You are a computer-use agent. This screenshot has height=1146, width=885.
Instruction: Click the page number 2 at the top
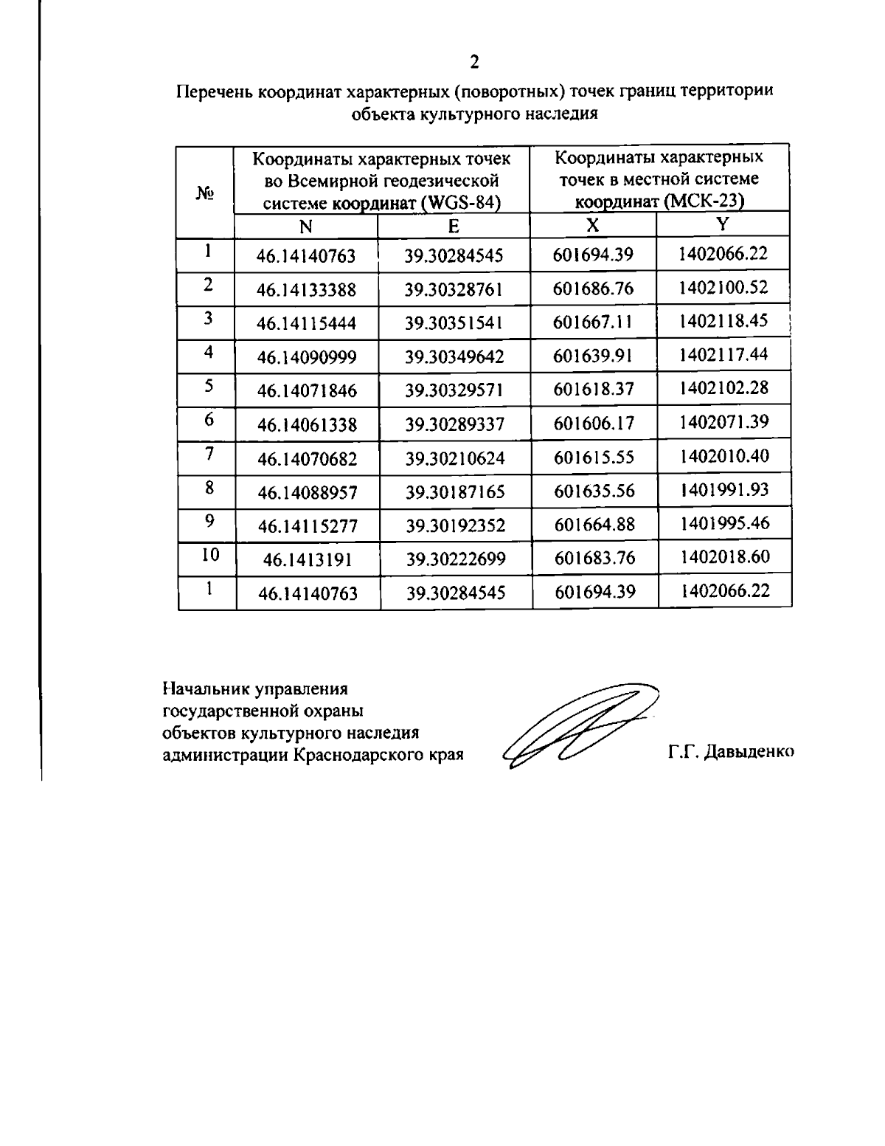click(x=474, y=61)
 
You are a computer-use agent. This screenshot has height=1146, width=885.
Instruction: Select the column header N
click(x=305, y=227)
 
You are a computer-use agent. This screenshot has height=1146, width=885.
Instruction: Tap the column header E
click(x=454, y=227)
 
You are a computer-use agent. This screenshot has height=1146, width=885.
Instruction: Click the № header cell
click(x=205, y=193)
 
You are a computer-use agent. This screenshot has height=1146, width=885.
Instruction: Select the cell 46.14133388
click(x=306, y=290)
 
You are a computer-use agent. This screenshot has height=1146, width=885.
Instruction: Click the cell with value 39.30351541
click(x=454, y=323)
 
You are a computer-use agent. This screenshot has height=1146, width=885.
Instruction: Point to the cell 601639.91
click(x=593, y=356)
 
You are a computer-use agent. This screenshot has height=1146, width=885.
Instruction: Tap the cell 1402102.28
click(x=723, y=388)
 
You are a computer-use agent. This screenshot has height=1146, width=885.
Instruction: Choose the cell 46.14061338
click(x=307, y=425)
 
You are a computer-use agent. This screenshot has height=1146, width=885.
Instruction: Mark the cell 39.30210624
click(x=455, y=459)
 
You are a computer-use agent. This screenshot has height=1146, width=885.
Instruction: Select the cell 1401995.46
click(x=724, y=523)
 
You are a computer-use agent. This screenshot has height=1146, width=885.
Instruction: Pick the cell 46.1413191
click(x=308, y=560)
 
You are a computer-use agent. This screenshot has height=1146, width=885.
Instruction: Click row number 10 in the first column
click(x=210, y=555)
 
